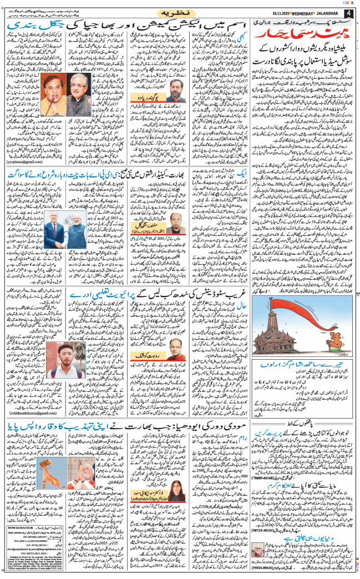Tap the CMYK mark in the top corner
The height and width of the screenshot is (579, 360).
347,3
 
